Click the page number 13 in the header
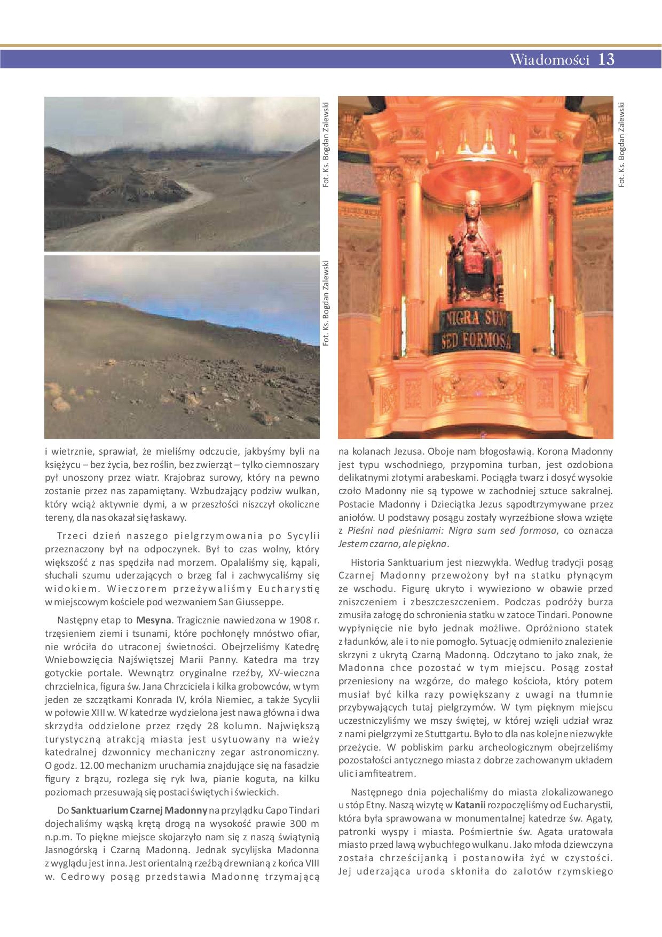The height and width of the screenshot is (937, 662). [606, 59]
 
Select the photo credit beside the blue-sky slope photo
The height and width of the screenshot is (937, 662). [326, 302]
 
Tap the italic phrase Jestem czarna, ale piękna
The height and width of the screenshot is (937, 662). [392, 544]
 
